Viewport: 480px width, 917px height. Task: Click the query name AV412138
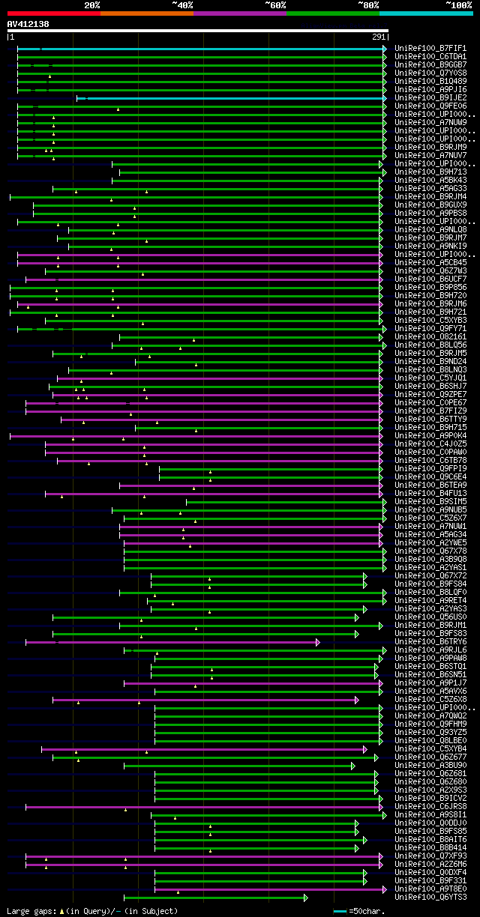click(x=28, y=24)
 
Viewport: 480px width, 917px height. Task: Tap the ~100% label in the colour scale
click(x=457, y=4)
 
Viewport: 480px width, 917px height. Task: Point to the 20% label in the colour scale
click(x=91, y=4)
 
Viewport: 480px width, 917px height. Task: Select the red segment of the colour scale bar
click(x=53, y=13)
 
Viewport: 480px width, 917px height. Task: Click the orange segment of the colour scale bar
click(x=146, y=13)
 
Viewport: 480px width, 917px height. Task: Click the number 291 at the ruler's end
click(x=379, y=37)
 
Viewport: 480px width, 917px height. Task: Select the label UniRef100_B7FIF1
click(x=430, y=49)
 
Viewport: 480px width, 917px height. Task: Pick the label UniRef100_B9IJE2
click(x=430, y=98)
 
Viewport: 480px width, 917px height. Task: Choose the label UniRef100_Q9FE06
click(x=430, y=106)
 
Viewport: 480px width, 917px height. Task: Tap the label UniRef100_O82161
click(x=430, y=337)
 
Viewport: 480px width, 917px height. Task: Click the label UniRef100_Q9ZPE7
click(x=430, y=395)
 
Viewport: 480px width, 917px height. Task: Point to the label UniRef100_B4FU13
click(x=430, y=494)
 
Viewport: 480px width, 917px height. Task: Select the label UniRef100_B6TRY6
click(x=430, y=642)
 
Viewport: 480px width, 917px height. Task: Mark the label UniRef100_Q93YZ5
click(x=430, y=733)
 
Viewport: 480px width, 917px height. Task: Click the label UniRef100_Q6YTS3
click(x=430, y=898)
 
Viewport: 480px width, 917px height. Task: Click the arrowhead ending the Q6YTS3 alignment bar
click(x=305, y=898)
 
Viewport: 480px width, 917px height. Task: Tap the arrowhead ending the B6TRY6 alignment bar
click(x=317, y=642)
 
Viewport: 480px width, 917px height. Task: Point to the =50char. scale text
click(x=367, y=911)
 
